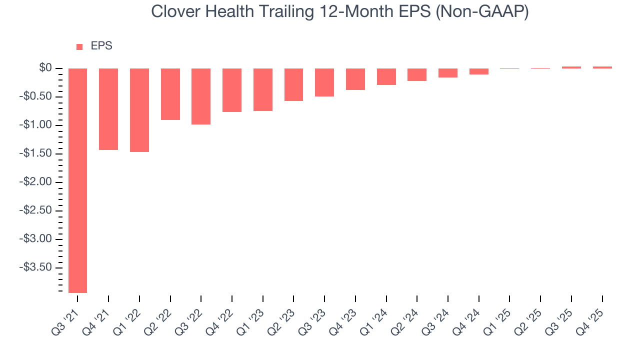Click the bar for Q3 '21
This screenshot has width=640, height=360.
coord(77,180)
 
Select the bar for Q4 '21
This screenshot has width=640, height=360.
coord(108,109)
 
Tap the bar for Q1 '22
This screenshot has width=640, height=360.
coord(139,110)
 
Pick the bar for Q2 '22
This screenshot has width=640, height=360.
coord(170,94)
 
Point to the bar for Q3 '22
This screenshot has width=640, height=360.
coord(201,96)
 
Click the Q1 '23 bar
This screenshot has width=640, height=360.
coord(263,89)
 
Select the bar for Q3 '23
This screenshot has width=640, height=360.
coord(324,82)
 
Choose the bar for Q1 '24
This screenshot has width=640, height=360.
coord(386,76)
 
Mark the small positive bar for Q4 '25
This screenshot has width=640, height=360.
coord(602,67)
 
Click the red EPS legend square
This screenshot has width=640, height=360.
coord(79,47)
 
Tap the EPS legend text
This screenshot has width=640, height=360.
coord(101,46)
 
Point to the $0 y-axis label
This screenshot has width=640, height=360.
coord(45,67)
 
